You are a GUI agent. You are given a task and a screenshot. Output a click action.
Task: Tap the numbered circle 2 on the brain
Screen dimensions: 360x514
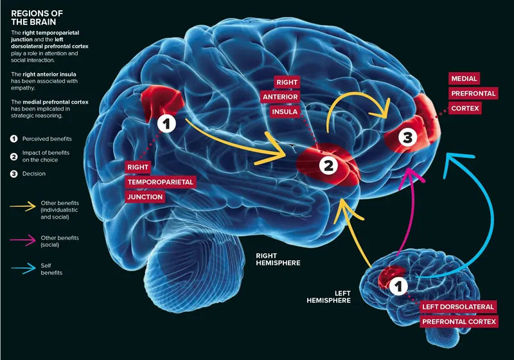click(328, 165)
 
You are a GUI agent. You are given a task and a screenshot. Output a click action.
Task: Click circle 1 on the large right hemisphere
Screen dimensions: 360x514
click(166, 124)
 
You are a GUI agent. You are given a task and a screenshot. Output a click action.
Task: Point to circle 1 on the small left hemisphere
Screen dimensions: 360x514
click(399, 283)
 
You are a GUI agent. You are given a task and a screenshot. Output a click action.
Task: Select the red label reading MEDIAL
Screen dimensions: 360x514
click(465, 78)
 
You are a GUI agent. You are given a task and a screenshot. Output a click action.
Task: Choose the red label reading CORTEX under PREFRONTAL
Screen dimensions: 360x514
click(465, 109)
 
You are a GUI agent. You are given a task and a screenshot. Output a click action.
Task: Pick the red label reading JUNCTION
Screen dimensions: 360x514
click(145, 197)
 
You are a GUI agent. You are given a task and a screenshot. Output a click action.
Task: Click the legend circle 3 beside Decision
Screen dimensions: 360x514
click(14, 173)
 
